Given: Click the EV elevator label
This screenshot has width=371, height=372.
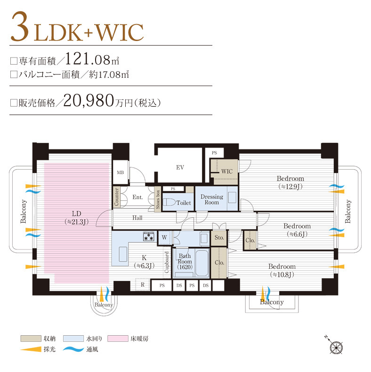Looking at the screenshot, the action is [180, 167].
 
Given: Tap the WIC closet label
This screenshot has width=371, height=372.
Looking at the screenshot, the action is [227, 171].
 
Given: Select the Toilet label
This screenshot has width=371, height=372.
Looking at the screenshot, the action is [184, 203].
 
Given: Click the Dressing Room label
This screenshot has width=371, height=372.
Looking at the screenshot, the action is [212, 199].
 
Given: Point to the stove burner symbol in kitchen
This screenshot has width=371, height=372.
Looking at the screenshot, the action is [149, 236].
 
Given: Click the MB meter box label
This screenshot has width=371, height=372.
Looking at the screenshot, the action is [121, 173].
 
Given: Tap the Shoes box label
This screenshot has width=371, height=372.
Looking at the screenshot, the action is [158, 199].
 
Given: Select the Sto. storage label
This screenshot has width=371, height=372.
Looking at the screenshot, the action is [219, 238].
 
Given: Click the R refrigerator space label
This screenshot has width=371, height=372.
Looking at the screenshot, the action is [143, 284].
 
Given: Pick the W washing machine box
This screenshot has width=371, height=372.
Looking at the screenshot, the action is [164, 238].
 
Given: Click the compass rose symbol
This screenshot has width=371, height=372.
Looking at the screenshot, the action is [337, 347].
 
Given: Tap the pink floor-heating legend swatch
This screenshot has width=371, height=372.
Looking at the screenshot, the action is [118, 339].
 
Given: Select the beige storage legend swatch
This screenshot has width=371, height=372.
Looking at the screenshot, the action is [31, 339].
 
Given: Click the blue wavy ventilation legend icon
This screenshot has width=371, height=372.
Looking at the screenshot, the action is [73, 349].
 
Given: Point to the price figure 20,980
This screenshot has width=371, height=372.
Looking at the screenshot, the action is [89, 100].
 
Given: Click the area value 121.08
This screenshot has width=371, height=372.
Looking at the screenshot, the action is [88, 58].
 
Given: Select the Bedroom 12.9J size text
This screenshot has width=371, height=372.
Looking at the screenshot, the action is [290, 187].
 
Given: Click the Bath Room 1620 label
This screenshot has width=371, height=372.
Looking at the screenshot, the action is [185, 262].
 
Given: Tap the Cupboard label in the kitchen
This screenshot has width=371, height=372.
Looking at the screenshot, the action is [167, 262].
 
